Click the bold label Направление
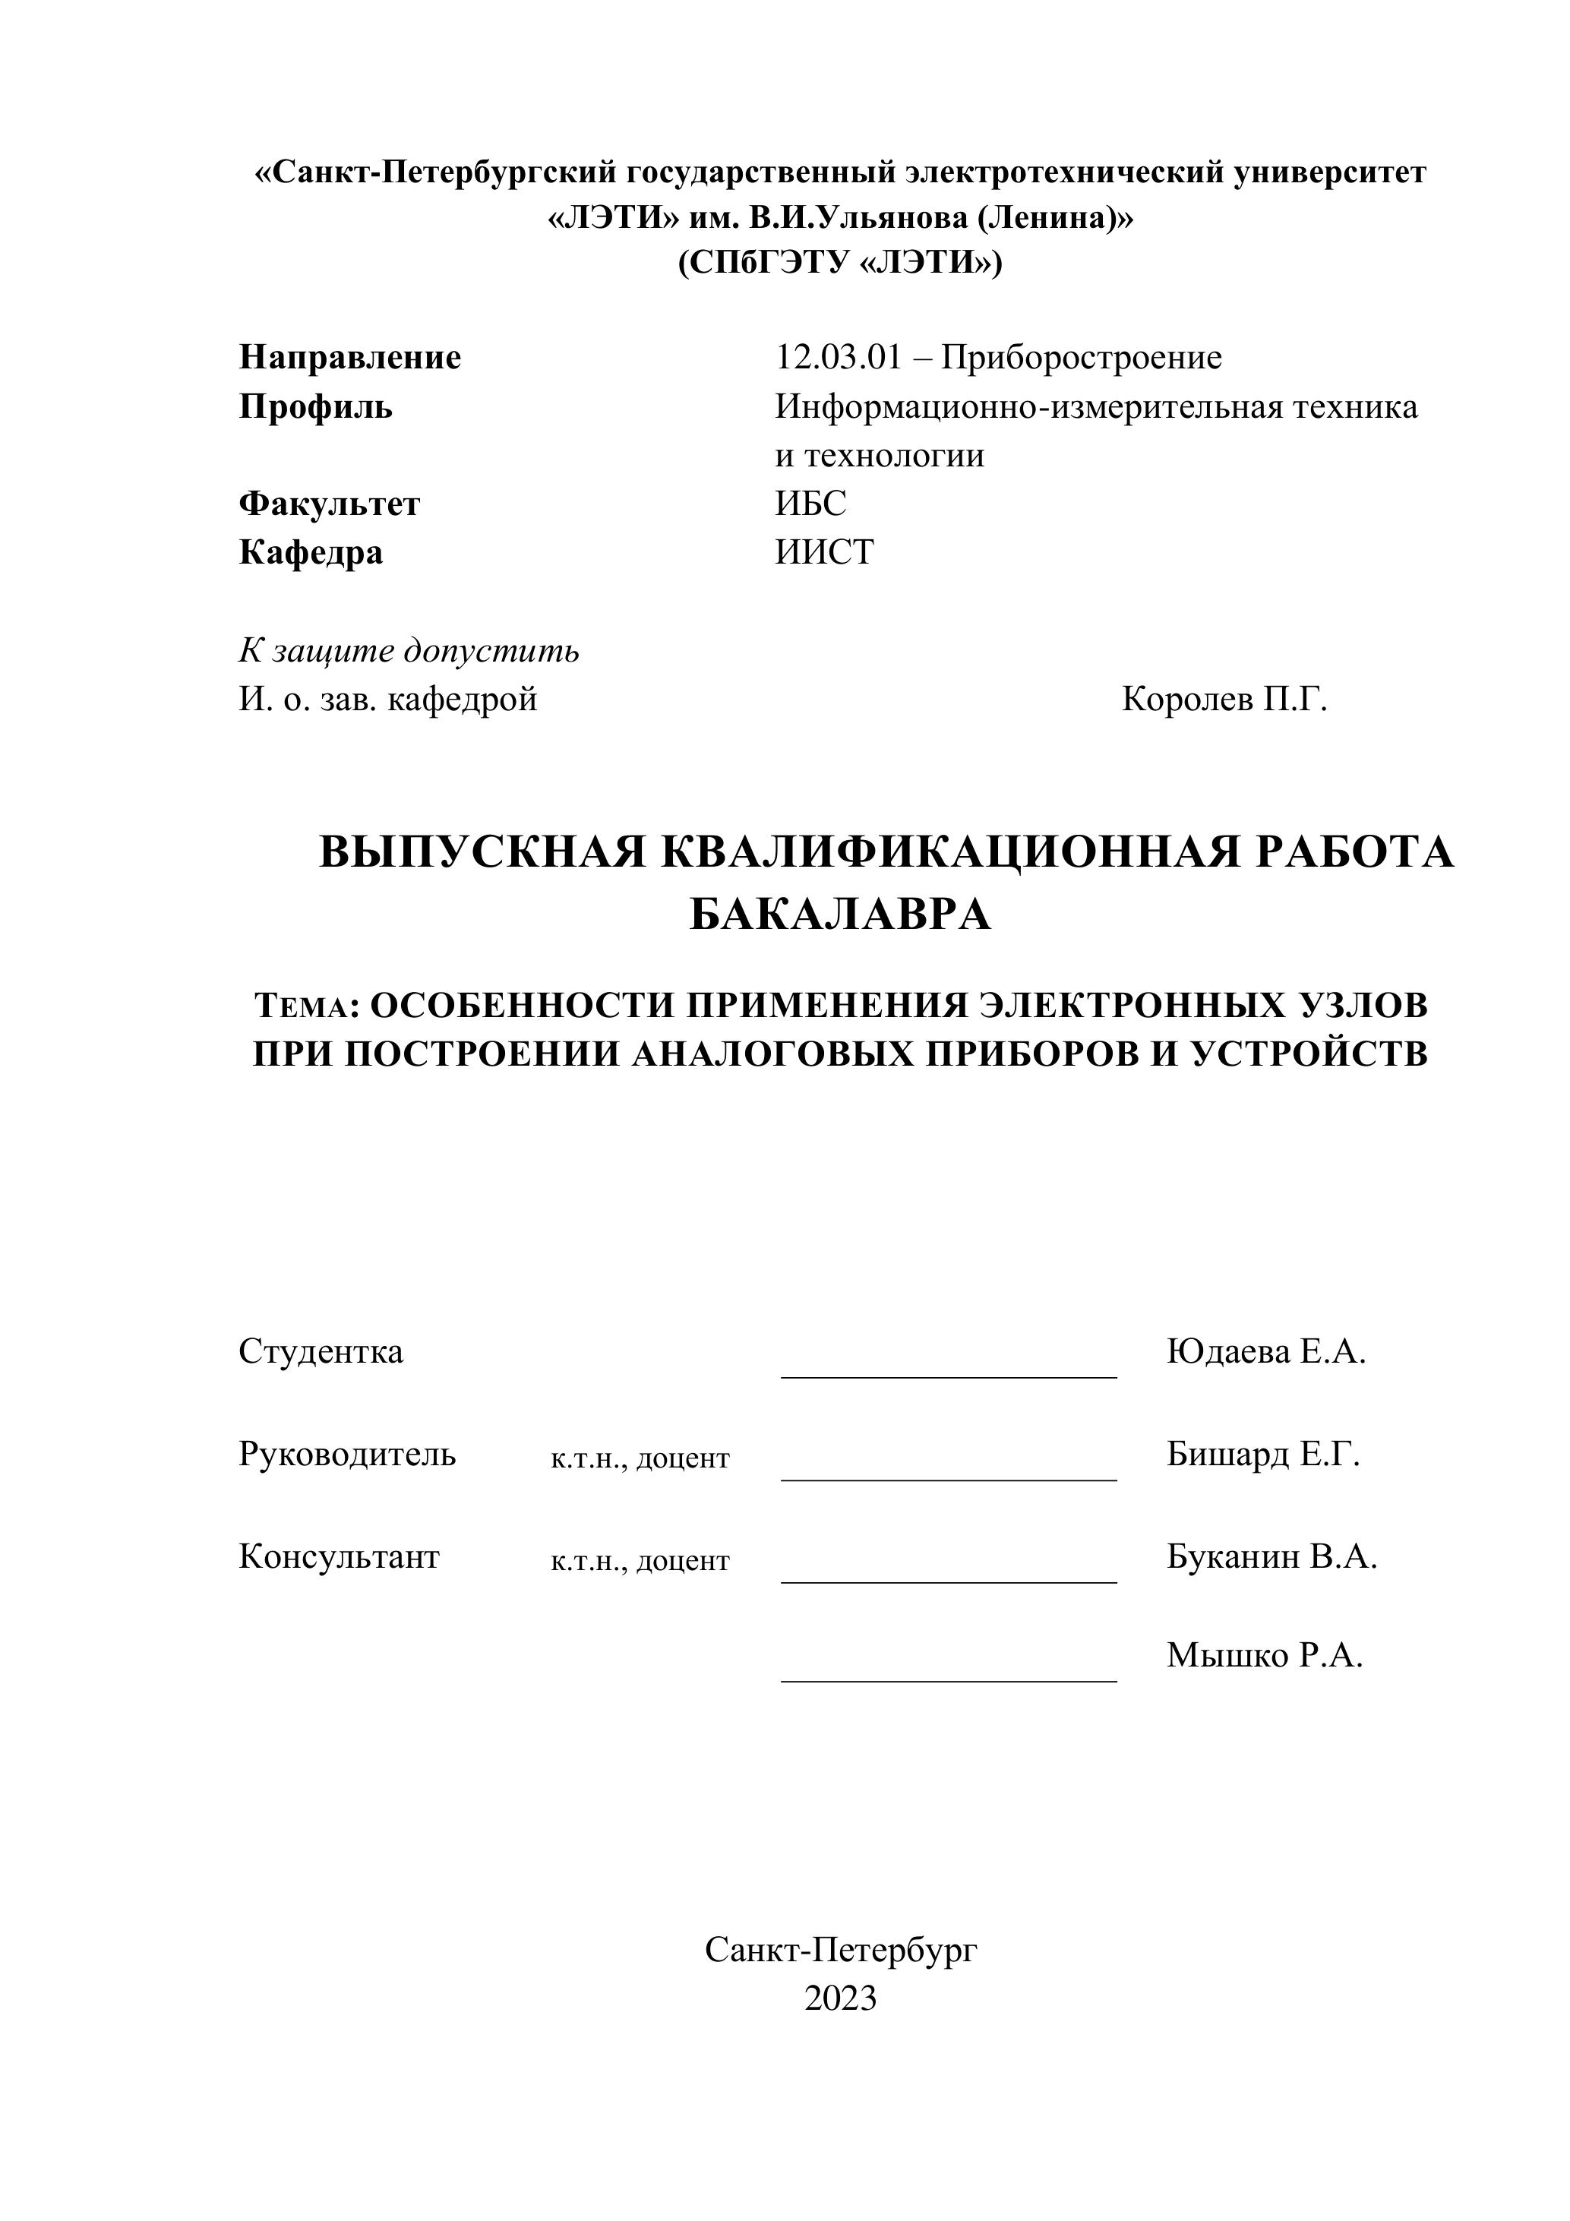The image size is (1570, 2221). coord(349,358)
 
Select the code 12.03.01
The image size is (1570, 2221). coord(838,358)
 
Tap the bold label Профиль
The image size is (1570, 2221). coord(315,407)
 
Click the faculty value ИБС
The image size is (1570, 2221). coord(810,504)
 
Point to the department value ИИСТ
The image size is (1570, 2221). coord(824,552)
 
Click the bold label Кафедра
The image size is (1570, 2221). coord(311,552)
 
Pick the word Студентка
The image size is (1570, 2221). coord(321,1351)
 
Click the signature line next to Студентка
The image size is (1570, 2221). coord(948,1376)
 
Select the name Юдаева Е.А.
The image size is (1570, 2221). coord(1265,1351)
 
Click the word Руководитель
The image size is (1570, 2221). coord(347,1454)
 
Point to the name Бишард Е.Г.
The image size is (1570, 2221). coord(1262,1454)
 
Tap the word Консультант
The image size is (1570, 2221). coord(339,1556)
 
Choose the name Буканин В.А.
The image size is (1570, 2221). coord(1271,1556)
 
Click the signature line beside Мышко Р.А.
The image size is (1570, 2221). coord(948,1681)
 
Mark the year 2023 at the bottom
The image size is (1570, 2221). coord(839,1998)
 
